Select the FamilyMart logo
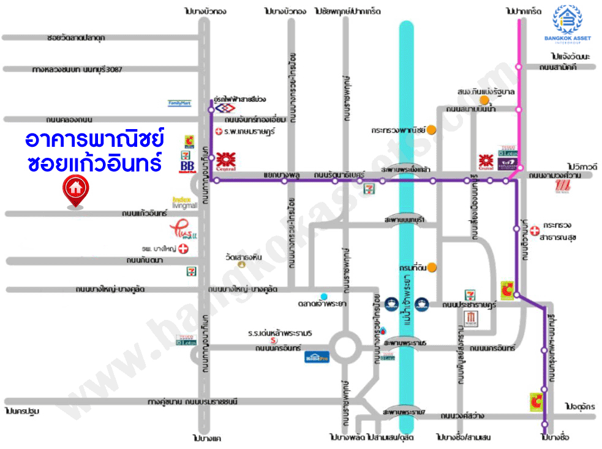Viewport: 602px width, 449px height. [180, 104]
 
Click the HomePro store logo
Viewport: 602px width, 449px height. [317, 357]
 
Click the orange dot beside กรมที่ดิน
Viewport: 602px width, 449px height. [432, 266]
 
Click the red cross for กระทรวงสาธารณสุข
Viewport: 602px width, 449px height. [535, 230]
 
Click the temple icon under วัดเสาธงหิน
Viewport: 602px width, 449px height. [241, 265]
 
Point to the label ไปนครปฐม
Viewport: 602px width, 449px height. [21, 411]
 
